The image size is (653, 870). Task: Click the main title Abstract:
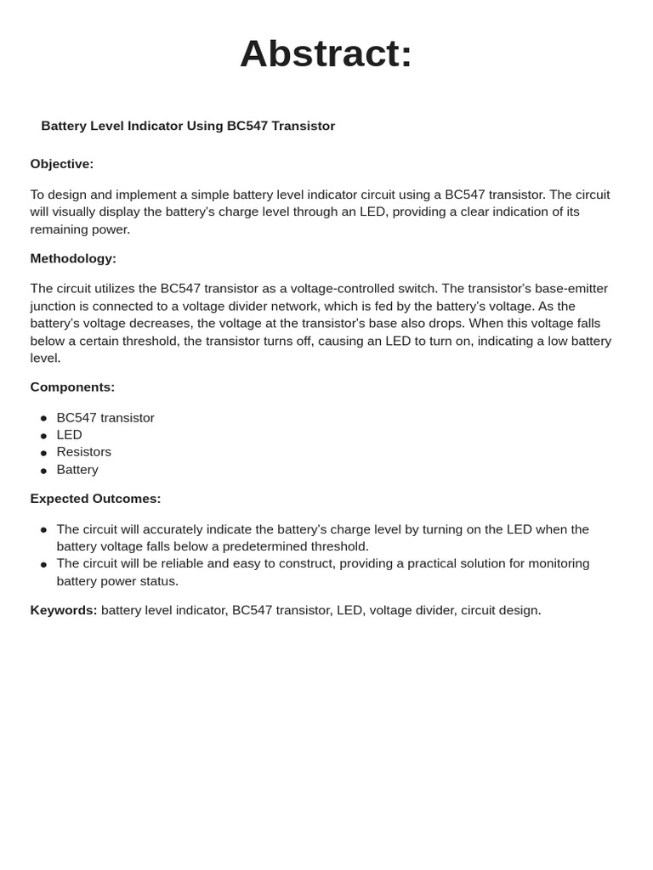[x=326, y=54]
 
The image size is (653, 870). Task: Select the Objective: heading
[x=62, y=164]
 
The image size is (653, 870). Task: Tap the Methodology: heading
[x=73, y=258]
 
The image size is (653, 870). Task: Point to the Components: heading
[x=72, y=387]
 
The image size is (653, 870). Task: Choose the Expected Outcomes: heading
[x=95, y=499]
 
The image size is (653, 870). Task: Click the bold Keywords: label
[x=64, y=610]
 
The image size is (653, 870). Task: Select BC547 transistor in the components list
[x=105, y=418]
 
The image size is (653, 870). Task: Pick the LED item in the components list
[x=69, y=435]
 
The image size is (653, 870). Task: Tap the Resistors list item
[x=83, y=452]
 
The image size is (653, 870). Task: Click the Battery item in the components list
[x=77, y=470]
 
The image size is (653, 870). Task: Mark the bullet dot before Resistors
[x=43, y=453]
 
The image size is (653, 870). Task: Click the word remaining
[x=60, y=229]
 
